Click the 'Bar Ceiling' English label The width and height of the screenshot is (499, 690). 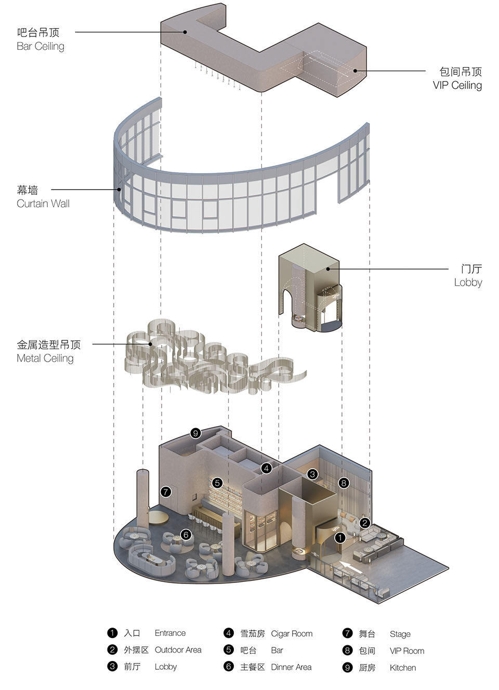[x=41, y=46]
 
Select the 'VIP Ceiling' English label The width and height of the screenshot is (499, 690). [x=457, y=85]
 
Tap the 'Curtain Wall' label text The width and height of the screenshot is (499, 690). [x=43, y=204]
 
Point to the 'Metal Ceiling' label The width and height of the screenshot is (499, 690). [x=45, y=358]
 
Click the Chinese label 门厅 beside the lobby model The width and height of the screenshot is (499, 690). [x=471, y=269]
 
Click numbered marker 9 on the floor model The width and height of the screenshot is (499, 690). [x=195, y=433]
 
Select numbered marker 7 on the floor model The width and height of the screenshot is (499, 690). [x=166, y=492]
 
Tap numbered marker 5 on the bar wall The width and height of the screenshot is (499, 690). [x=217, y=483]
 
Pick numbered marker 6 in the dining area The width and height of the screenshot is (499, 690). [x=186, y=534]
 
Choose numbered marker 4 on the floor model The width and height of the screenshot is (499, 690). [x=266, y=468]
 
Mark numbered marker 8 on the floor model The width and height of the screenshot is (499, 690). [x=343, y=483]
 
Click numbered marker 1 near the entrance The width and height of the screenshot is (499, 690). [x=339, y=537]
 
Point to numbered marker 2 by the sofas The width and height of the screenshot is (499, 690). [x=365, y=523]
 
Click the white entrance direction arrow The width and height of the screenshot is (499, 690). [x=351, y=566]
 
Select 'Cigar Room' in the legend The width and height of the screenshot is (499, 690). [x=292, y=633]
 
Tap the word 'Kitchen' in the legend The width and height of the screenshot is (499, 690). [x=402, y=668]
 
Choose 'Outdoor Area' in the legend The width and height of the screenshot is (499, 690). [x=178, y=650]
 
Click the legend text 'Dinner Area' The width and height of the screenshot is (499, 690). [x=291, y=667]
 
